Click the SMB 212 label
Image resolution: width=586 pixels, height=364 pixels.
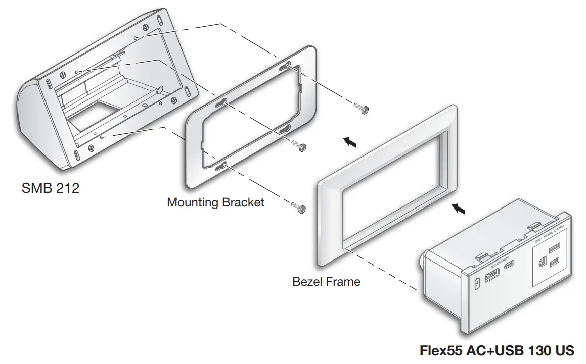pos(51,189)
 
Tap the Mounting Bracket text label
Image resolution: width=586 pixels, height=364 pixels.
pos(215,202)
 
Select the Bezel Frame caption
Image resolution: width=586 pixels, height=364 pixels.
pos(326,281)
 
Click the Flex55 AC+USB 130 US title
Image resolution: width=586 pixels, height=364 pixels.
pos(497,350)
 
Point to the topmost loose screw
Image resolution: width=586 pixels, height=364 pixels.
pos(361,108)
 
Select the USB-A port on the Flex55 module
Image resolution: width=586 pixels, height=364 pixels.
pos(491,278)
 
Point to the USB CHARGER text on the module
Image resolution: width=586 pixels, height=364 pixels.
pos(500,263)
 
